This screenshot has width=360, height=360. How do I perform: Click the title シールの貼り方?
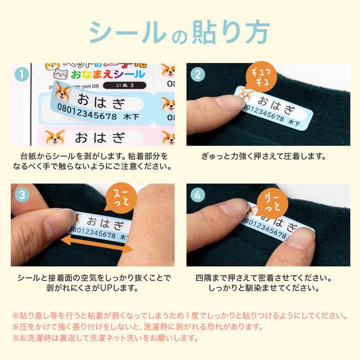[179, 33]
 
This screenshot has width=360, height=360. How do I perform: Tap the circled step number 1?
[21, 74]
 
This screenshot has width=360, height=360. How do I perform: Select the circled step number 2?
[197, 74]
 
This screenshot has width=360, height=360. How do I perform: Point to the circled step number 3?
[22, 195]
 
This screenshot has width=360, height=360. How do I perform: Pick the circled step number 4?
[197, 195]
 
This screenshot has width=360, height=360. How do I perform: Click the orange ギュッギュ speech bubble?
[261, 76]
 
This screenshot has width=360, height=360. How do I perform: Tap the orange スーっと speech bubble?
[121, 197]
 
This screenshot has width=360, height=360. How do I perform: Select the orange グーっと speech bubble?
[272, 203]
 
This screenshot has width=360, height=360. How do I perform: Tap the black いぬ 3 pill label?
[125, 85]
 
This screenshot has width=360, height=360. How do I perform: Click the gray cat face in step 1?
[61, 74]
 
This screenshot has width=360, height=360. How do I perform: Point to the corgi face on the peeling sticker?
[62, 91]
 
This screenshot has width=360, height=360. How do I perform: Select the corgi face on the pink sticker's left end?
[55, 137]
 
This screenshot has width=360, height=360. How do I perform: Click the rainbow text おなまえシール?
[108, 74]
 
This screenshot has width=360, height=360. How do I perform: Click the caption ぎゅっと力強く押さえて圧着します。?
[264, 156]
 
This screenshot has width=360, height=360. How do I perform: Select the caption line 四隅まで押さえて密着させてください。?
[264, 278]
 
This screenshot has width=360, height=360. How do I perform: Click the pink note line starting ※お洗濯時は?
[105, 338]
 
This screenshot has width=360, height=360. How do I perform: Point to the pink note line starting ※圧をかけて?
[137, 327]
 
